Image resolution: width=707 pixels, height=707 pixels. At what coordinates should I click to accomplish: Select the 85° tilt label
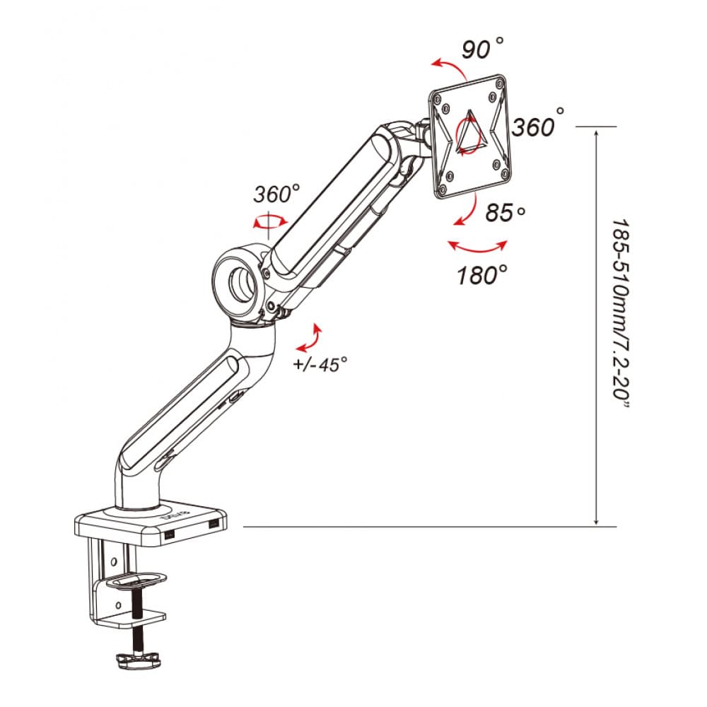point(505,212)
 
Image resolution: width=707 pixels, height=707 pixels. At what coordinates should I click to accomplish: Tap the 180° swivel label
point(482,274)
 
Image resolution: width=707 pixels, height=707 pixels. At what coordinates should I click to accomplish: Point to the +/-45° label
point(320,364)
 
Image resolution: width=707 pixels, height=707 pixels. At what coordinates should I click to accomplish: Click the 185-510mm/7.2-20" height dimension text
point(621,314)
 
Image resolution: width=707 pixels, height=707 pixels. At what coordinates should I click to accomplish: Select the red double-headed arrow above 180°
point(478,250)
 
